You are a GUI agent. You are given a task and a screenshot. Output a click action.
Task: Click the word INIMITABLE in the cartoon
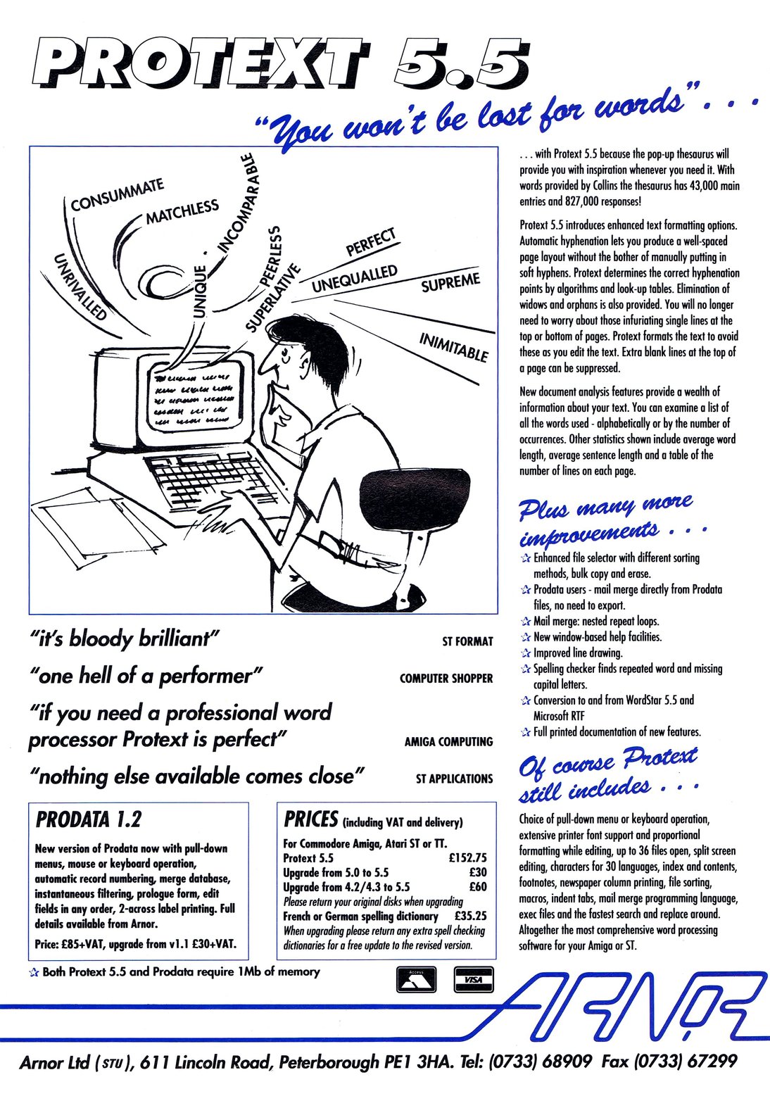coord(453,347)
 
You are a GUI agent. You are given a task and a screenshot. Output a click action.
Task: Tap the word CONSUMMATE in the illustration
coord(118,194)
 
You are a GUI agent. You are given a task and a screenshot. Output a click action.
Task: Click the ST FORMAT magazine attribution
coord(467,642)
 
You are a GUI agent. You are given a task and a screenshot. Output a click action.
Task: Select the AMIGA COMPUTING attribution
coord(448,742)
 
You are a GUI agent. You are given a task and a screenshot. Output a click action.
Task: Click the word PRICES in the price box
coord(311,819)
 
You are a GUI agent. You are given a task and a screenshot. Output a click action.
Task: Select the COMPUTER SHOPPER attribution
coord(446,679)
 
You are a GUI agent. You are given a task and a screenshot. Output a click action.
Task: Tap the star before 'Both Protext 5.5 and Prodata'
coord(34,972)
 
